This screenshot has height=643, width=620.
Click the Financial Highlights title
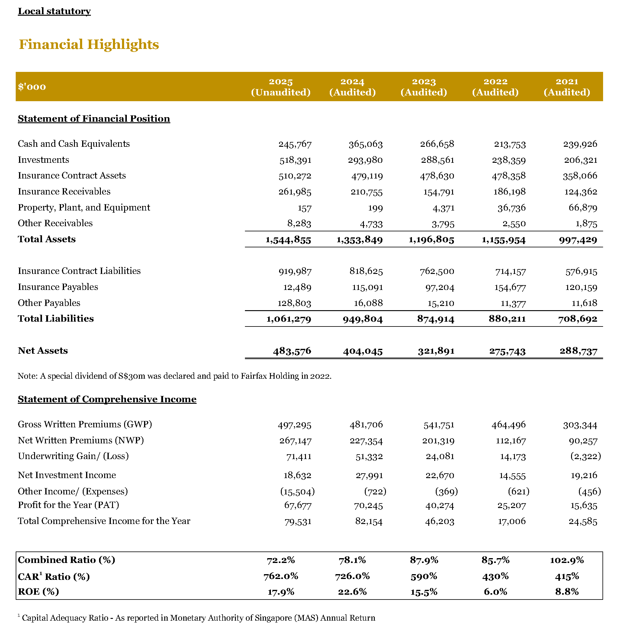pyautogui.click(x=89, y=44)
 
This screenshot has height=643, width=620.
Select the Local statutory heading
pyautogui.click(x=54, y=11)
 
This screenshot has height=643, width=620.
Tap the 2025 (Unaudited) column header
pyautogui.click(x=281, y=87)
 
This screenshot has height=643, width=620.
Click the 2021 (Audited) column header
pyautogui.click(x=567, y=87)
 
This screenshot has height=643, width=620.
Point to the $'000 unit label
pyautogui.click(x=32, y=87)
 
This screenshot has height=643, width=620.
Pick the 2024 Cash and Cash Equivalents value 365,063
pyautogui.click(x=365, y=144)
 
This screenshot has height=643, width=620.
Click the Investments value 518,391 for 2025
pyautogui.click(x=295, y=160)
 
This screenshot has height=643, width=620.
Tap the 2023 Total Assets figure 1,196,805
pyautogui.click(x=431, y=240)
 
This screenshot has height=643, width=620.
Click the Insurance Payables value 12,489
pyautogui.click(x=297, y=288)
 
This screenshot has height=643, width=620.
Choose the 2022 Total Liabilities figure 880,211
pyautogui.click(x=507, y=319)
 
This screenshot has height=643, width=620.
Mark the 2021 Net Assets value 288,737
pyautogui.click(x=578, y=351)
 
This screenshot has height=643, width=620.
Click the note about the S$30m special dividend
pyautogui.click(x=174, y=376)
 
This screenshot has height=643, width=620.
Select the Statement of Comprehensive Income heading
pyautogui.click(x=107, y=399)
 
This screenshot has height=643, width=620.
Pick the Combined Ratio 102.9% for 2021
pyautogui.click(x=567, y=560)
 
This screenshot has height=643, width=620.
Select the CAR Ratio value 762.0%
pyautogui.click(x=281, y=576)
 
